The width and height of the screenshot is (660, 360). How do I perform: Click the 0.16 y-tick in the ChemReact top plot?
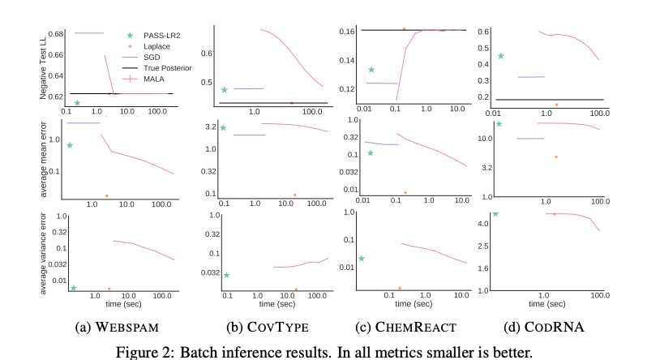pyautogui.click(x=346, y=31)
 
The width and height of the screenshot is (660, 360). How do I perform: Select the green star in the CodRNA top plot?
pyautogui.click(x=501, y=56)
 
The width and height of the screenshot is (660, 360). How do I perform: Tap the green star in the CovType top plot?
pyautogui.click(x=225, y=89)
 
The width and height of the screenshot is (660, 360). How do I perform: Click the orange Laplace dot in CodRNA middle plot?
pyautogui.click(x=556, y=156)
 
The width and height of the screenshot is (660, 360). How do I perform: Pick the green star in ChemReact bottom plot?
pyautogui.click(x=362, y=258)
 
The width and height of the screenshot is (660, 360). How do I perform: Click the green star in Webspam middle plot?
pyautogui.click(x=71, y=145)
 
